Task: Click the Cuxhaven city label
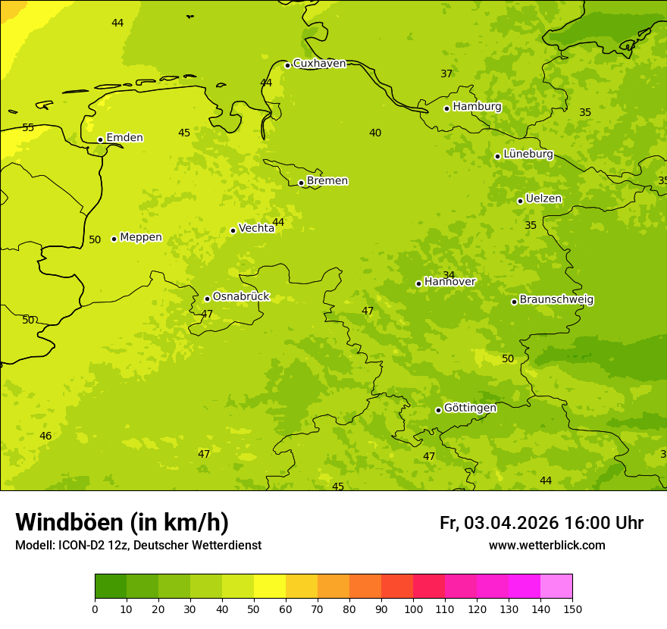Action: (319, 64)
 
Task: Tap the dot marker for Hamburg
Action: (447, 108)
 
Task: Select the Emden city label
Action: (124, 138)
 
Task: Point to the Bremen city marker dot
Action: (301, 183)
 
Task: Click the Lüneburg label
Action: (528, 155)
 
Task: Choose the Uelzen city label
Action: (543, 199)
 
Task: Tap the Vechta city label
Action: (256, 228)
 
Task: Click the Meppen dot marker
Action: (114, 239)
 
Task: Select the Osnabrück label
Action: (241, 297)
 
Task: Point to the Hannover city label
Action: (449, 282)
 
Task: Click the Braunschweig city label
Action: (556, 300)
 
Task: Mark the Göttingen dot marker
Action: (438, 410)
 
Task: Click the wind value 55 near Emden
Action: (28, 127)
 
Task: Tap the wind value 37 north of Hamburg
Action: (446, 74)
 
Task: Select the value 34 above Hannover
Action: (449, 275)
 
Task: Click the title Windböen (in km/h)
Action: (122, 523)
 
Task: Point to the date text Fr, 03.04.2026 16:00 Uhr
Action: (541, 523)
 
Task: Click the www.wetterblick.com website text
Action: (546, 546)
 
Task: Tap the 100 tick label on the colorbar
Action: (413, 609)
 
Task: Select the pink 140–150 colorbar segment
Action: (556, 587)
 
